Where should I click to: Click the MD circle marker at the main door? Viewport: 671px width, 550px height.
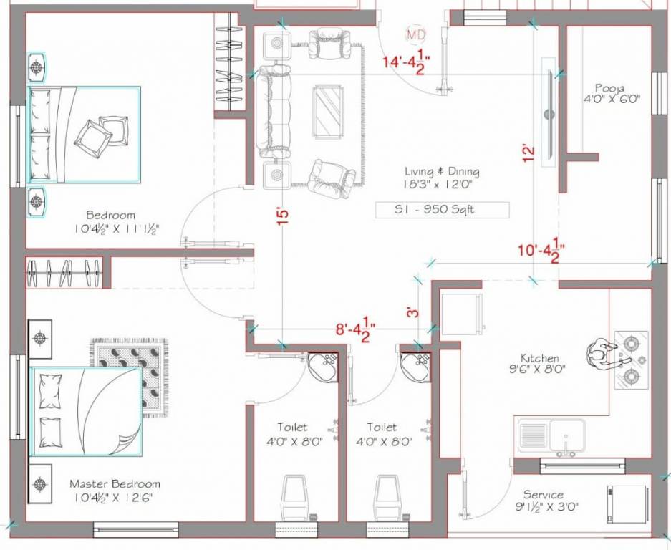tap(413, 34)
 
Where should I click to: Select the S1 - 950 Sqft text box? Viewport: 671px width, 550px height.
tap(442, 210)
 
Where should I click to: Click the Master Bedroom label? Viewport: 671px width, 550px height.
tap(115, 490)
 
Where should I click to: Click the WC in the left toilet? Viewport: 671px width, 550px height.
tap(295, 496)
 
